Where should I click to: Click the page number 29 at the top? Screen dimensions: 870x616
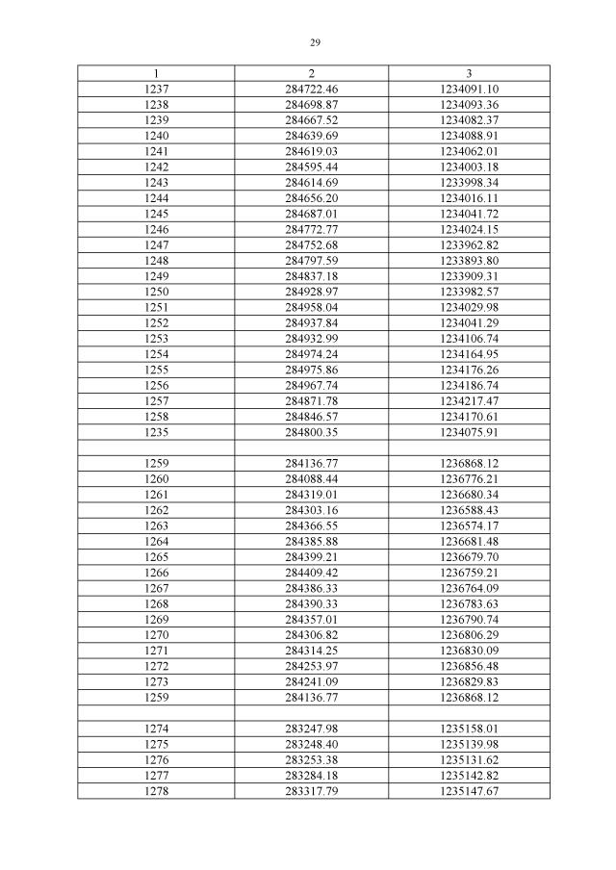tap(315, 42)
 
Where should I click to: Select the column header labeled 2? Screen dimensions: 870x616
tap(312, 73)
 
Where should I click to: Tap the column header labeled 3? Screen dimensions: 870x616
tap(469, 73)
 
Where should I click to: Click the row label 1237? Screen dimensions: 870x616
tap(156, 89)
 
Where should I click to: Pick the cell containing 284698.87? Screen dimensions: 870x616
tap(312, 104)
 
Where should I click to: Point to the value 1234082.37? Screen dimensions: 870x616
tap(469, 119)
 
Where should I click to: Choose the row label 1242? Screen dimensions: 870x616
tap(156, 166)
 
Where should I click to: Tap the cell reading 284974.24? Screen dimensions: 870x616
tap(312, 354)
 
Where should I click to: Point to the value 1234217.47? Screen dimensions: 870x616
tap(469, 400)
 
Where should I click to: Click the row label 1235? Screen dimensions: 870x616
tap(156, 432)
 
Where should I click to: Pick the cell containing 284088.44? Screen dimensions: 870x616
tap(312, 478)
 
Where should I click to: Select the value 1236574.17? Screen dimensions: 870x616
tap(469, 525)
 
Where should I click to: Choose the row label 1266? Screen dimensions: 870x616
tap(156, 572)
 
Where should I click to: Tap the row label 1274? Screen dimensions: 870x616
tap(156, 729)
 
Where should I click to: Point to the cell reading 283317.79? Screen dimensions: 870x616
tap(312, 791)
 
